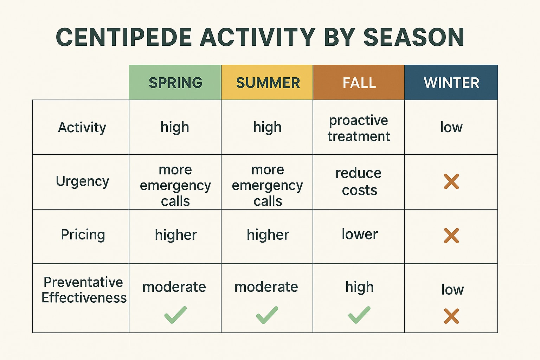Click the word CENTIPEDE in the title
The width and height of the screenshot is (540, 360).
click(x=124, y=37)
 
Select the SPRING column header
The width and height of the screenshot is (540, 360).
click(x=175, y=83)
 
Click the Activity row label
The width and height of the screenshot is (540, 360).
click(x=82, y=127)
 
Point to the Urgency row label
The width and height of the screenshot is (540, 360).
click(x=82, y=181)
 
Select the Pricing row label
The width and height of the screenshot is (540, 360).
click(x=83, y=234)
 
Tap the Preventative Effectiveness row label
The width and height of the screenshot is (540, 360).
click(x=84, y=290)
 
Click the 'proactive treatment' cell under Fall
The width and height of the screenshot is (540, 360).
click(x=359, y=128)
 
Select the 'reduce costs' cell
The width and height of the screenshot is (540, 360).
click(x=359, y=181)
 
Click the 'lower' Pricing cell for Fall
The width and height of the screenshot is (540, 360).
click(x=360, y=234)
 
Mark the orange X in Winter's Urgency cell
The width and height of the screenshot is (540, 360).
click(x=451, y=181)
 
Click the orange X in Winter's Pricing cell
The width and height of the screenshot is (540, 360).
click(x=451, y=236)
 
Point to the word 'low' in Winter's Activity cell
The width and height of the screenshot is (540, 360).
click(x=451, y=127)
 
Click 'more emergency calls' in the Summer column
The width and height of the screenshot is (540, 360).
click(x=268, y=185)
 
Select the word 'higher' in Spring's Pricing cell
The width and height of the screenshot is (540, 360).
click(x=176, y=235)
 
